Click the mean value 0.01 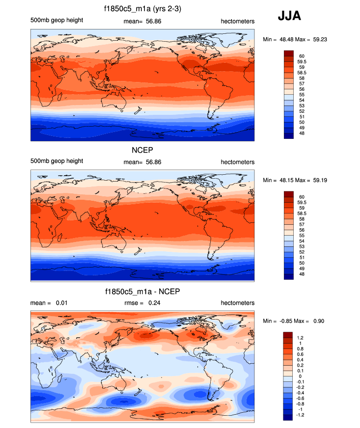click(61, 303)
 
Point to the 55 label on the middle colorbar click(301, 236)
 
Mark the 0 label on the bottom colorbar click(300, 376)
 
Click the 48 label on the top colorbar click(301, 133)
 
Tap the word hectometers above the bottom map click(237, 303)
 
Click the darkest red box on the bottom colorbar click(288, 335)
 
